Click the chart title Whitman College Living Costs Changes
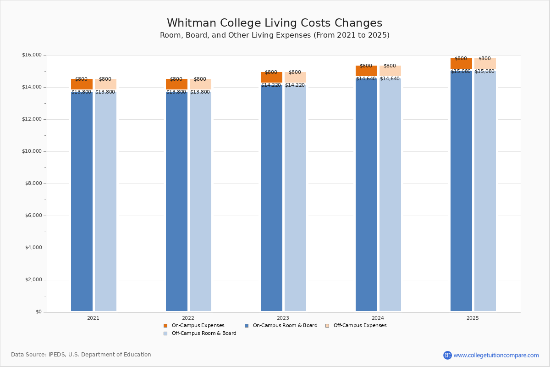275,23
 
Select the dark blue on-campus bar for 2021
82,202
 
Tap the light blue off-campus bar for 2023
295,197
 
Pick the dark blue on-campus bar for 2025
461,190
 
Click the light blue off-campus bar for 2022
200,202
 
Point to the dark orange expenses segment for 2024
366,71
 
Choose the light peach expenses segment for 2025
485,63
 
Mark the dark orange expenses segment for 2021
82,84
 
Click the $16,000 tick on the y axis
32,55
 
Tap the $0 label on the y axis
38,312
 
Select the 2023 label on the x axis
283,318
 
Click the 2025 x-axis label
473,318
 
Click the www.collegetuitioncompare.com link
496,355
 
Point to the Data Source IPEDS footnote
81,355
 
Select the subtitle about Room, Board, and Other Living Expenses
275,35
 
